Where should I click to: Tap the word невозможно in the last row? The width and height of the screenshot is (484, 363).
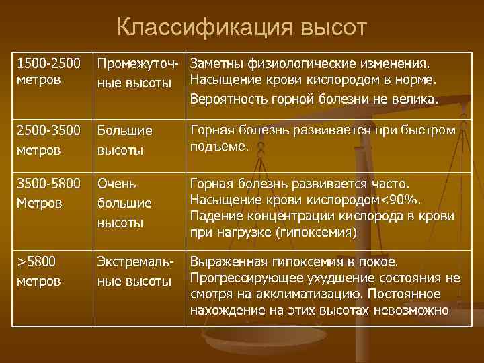tap(412, 310)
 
